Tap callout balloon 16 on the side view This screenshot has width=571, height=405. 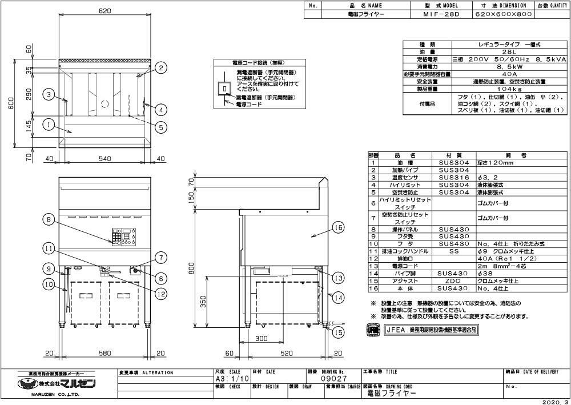pyautogui.click(x=338, y=228)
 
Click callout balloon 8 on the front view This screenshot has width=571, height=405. pyautogui.click(x=49, y=219)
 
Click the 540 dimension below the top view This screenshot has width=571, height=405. pyautogui.click(x=104, y=159)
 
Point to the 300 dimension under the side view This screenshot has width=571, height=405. pyautogui.click(x=262, y=339)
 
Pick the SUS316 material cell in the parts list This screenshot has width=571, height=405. pyautogui.click(x=454, y=178)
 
